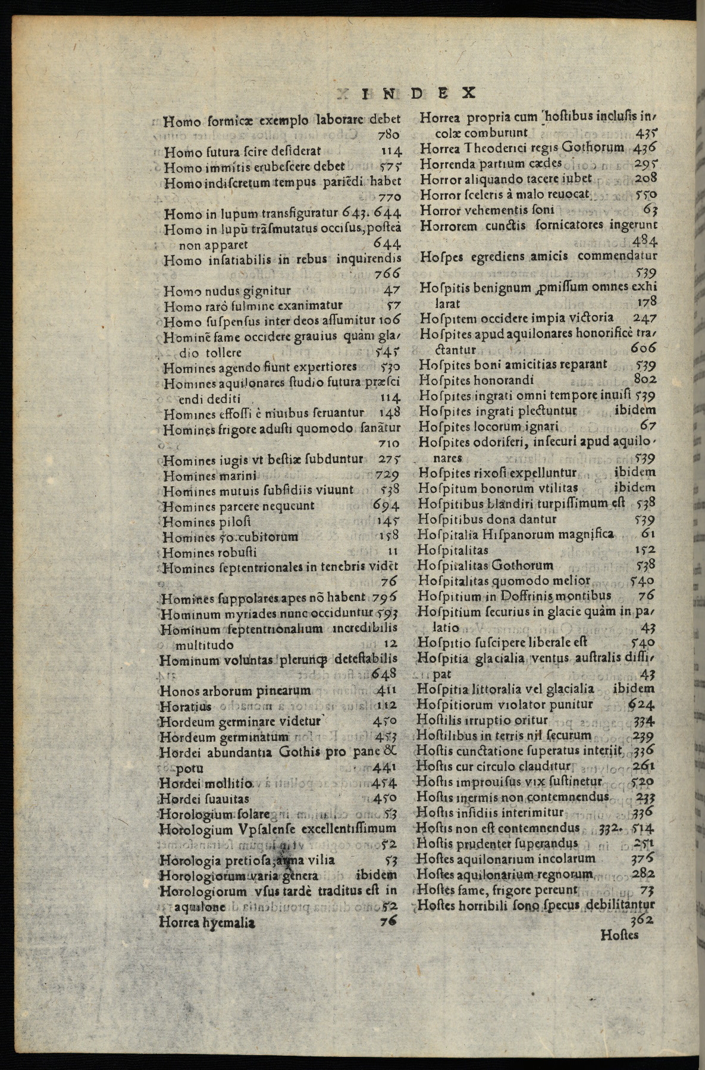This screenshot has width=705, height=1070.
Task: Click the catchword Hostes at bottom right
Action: pos(619,935)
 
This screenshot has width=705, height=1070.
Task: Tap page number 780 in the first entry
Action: pos(388,136)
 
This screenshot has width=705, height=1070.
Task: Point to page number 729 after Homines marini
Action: pos(387,476)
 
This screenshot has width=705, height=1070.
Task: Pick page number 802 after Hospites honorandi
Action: pos(645,379)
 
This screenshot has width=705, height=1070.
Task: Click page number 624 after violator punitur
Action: pos(642,704)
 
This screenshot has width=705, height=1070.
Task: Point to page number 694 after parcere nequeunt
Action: pos(387,506)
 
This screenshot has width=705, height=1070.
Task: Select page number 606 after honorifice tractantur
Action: pos(644,349)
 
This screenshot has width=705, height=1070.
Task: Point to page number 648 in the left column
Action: pos(385,674)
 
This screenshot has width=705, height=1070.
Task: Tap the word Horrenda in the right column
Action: pos(447,163)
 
